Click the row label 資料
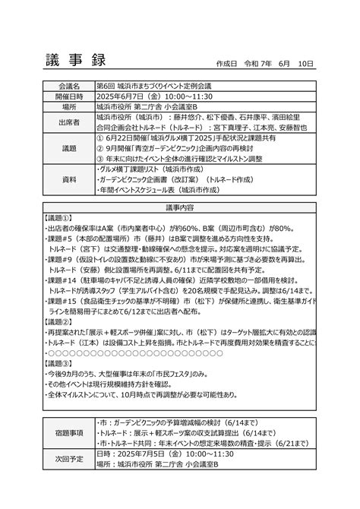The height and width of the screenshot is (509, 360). coord(68,179)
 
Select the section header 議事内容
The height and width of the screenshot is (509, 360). coord(180,207)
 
